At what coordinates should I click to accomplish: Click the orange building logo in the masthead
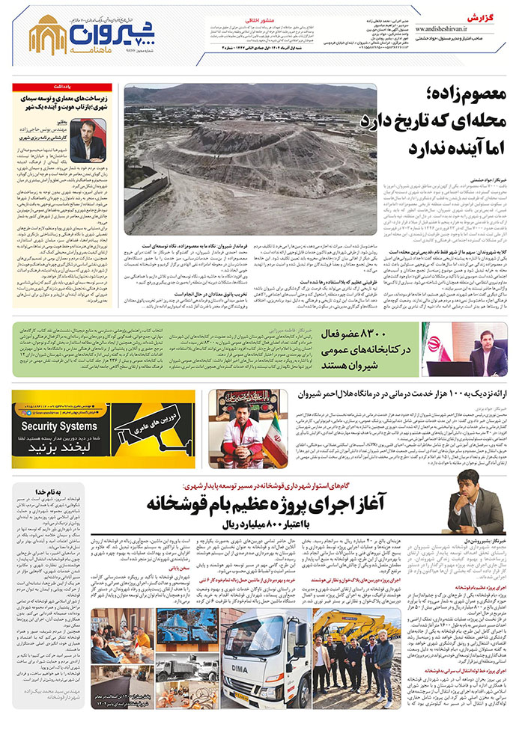[x=47, y=34]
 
